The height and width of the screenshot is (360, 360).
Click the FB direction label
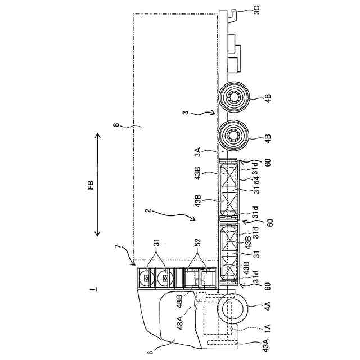pyautogui.click(x=91, y=185)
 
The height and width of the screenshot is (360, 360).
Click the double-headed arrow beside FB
pyautogui.click(x=97, y=185)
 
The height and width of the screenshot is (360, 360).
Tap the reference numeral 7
pyautogui.click(x=118, y=248)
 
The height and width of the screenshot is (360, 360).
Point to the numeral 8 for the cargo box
pyautogui.click(x=116, y=125)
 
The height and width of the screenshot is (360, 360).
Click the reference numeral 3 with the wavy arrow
pyautogui.click(x=186, y=112)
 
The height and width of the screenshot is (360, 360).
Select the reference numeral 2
pyautogui.click(x=149, y=210)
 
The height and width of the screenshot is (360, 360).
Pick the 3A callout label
pyautogui.click(x=197, y=152)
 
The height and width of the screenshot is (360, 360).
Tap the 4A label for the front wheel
pyautogui.click(x=268, y=306)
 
